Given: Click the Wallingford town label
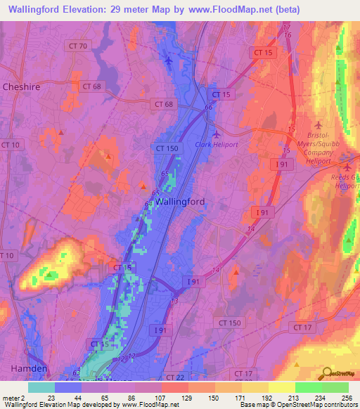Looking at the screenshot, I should (x=180, y=201).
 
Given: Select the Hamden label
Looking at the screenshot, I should (x=28, y=369).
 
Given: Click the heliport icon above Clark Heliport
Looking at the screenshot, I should (x=216, y=134).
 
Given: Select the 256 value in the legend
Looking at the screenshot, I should (x=345, y=397).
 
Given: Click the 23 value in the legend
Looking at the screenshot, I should (x=51, y=397).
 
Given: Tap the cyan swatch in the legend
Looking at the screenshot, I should (x=41, y=387).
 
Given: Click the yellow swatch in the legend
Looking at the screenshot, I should (x=282, y=387).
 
